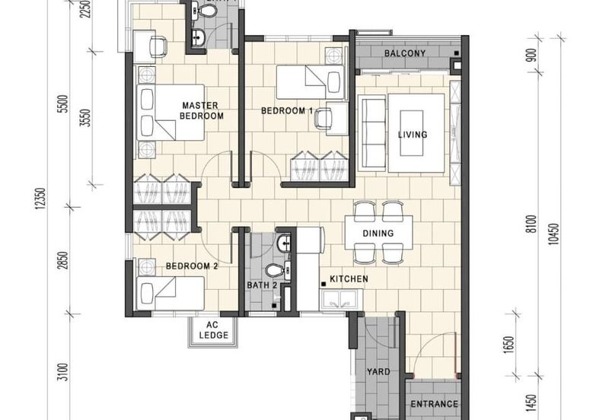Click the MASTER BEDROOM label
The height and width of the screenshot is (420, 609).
(201, 110)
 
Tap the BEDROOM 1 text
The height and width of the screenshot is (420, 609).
(287, 110)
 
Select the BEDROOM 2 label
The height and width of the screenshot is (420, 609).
(192, 266)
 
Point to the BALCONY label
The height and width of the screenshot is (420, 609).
(404, 53)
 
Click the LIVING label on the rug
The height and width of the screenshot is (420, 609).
(413, 135)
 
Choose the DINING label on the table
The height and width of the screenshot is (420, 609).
(378, 234)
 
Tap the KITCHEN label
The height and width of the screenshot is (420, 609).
(349, 279)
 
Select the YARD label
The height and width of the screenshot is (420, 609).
(378, 372)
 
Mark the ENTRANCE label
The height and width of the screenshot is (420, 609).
(434, 404)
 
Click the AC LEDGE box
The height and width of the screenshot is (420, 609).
(213, 329)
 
